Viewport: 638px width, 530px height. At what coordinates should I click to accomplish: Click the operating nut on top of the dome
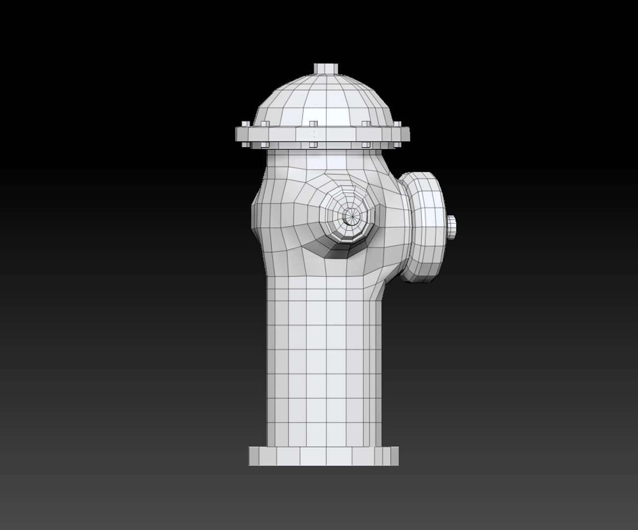click(x=326, y=68)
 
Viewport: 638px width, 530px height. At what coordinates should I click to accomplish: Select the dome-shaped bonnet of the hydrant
click(x=324, y=101)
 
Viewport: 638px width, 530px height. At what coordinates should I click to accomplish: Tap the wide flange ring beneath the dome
click(x=322, y=134)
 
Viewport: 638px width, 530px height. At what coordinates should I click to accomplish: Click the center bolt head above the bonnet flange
click(x=312, y=123)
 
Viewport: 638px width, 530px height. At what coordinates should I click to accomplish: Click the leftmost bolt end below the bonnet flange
click(x=265, y=145)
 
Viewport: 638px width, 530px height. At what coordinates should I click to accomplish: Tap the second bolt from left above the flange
click(x=266, y=124)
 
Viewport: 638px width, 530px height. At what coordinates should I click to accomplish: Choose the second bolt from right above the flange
click(x=366, y=124)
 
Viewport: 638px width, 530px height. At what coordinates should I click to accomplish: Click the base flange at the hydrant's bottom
click(x=323, y=456)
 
